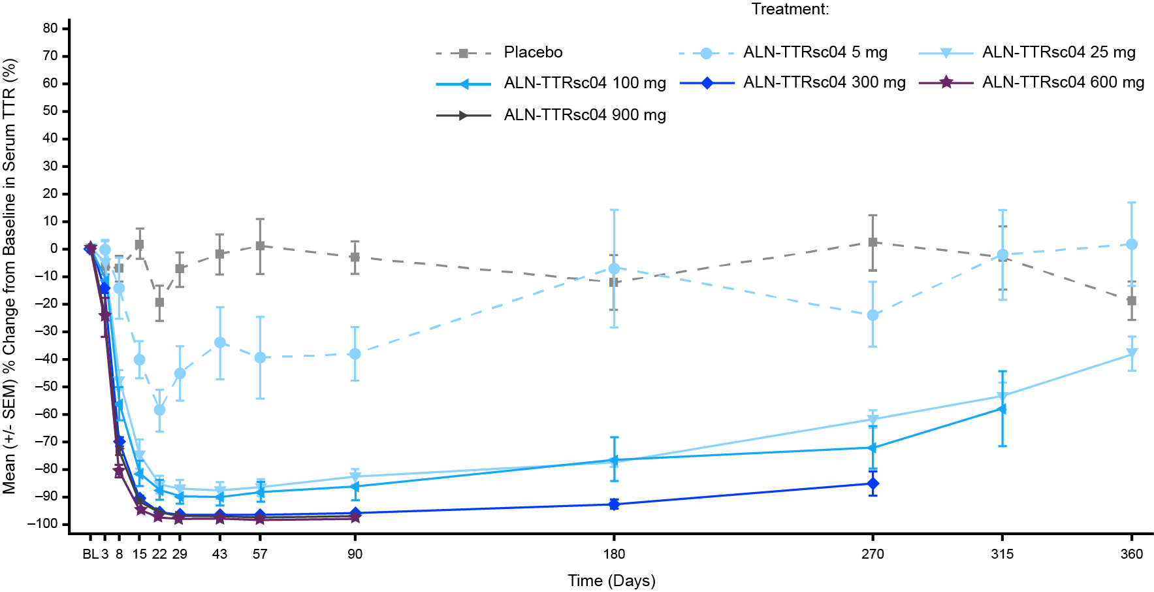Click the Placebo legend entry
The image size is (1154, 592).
(532, 52)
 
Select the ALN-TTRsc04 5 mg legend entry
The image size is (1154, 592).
(814, 52)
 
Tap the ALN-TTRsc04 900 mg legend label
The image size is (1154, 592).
(585, 115)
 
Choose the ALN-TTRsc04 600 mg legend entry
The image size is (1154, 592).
(1063, 82)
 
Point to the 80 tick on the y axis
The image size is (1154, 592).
(51, 28)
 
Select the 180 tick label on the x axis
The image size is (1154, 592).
(614, 554)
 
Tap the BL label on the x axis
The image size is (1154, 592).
(90, 554)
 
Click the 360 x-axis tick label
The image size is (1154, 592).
(1132, 554)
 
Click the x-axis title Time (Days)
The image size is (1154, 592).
(611, 580)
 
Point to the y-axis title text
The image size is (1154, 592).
(9, 276)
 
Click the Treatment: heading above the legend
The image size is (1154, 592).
(790, 9)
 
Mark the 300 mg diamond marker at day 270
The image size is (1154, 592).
(873, 484)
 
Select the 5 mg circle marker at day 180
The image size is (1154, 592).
(614, 269)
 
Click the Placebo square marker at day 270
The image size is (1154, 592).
(873, 242)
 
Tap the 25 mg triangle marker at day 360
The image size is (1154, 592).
(1132, 354)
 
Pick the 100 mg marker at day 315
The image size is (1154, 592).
(1002, 409)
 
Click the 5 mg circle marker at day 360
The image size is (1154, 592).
(1132, 244)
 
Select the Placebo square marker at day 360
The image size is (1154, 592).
(1132, 301)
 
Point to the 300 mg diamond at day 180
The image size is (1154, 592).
(614, 504)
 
